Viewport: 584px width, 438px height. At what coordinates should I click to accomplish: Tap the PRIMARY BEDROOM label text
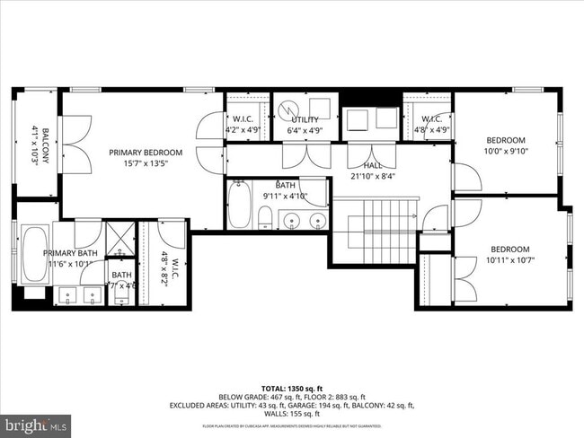coord(146,153)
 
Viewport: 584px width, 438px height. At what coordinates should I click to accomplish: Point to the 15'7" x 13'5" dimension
coord(146,163)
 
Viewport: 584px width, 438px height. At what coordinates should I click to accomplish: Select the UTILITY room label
coord(305,119)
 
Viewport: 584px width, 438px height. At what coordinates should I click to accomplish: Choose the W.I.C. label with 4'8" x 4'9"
coord(429,119)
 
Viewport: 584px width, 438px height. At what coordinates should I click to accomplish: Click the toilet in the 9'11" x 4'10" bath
coord(266,216)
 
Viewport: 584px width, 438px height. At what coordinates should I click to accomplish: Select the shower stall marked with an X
coord(119,238)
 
